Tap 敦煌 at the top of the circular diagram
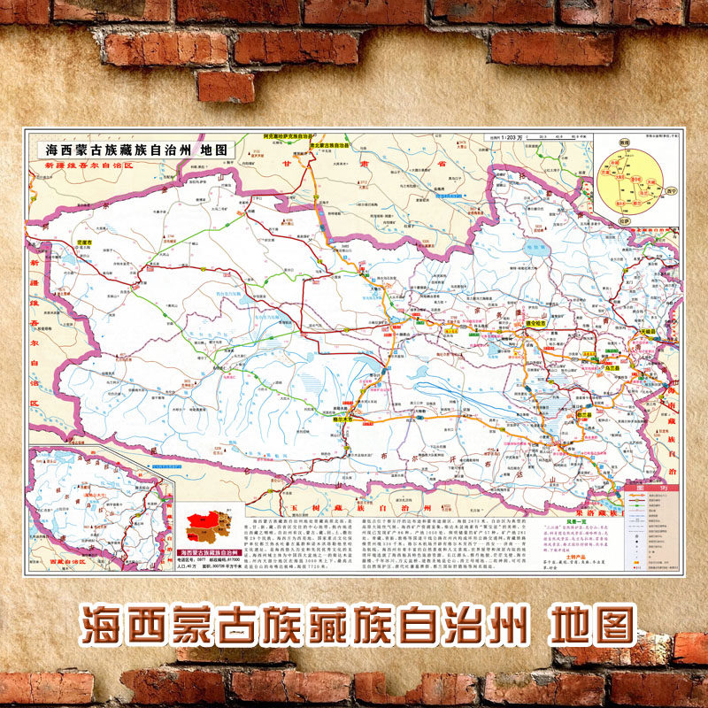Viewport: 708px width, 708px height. (x=624, y=142)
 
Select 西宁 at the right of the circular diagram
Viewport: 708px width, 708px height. (x=673, y=189)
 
